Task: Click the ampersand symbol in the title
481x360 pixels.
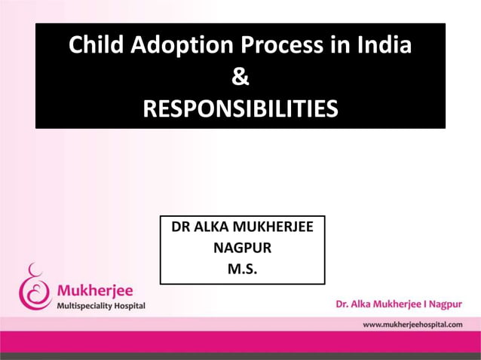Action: tap(240, 78)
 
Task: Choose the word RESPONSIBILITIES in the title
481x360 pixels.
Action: tap(240, 110)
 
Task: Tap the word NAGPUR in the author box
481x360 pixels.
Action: tap(242, 247)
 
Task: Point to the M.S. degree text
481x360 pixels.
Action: tap(242, 267)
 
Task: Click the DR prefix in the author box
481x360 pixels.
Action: tap(181, 226)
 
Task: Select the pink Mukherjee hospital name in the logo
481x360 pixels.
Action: tap(97, 290)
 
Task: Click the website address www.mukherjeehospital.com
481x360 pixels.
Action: tap(412, 324)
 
